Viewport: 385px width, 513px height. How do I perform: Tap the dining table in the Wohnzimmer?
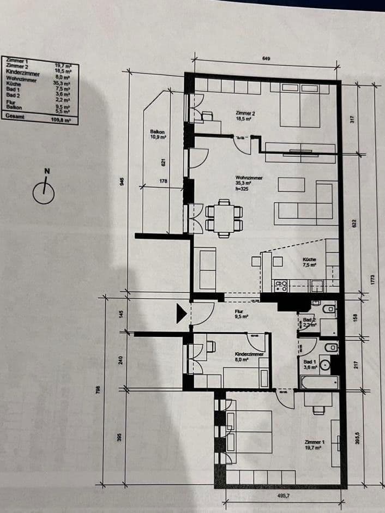pos(224,218)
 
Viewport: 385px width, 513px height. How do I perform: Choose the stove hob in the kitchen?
pos(281,285)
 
